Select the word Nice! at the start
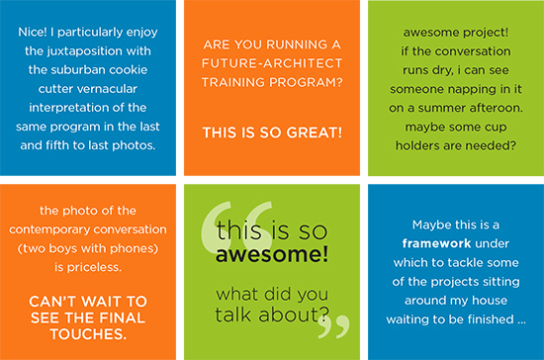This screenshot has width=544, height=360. click(x=33, y=32)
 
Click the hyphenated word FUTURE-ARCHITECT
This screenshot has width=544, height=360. click(x=272, y=63)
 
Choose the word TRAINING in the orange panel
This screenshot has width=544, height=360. click(x=233, y=82)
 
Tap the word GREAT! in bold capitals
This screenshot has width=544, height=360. click(x=315, y=133)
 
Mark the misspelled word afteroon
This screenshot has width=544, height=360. click(x=497, y=108)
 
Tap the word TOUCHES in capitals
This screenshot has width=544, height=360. click(x=88, y=334)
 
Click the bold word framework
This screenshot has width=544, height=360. click(x=436, y=243)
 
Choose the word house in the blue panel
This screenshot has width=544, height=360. click(x=490, y=300)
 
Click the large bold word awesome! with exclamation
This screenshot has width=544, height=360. click(x=272, y=254)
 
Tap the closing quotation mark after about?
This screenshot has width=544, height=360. click(x=333, y=326)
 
